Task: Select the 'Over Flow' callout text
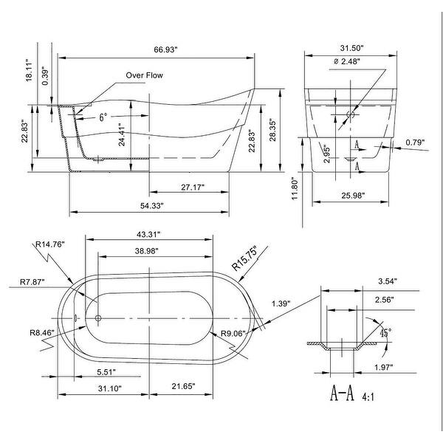[x=144, y=75]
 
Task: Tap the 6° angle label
[x=103, y=117]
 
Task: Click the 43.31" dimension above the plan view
[x=149, y=234]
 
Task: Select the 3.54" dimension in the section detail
[x=386, y=281]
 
